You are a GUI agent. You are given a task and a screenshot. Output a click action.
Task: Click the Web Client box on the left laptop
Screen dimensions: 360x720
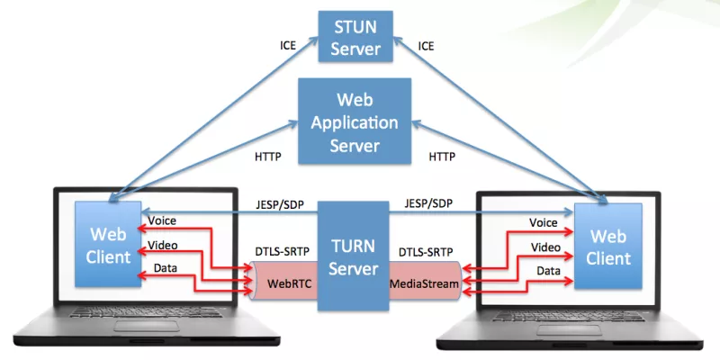pos(108,244)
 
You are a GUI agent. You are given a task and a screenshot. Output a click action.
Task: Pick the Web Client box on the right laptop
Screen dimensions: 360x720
pos(607,246)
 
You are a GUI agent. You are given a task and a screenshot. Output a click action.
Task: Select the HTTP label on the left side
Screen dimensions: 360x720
pos(268,157)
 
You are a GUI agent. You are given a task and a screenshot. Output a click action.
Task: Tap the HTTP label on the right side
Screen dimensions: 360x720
pos(441,157)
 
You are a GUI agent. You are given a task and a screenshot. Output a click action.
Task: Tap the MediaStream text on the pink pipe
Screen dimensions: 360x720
pos(424,284)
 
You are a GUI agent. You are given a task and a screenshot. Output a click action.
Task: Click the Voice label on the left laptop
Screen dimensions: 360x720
pos(163,220)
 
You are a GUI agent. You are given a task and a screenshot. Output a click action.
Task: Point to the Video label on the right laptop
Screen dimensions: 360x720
pos(544,247)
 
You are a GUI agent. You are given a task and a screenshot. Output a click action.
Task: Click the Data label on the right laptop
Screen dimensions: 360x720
pos(548,270)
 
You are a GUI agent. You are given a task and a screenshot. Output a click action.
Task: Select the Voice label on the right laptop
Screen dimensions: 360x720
pos(544,222)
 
